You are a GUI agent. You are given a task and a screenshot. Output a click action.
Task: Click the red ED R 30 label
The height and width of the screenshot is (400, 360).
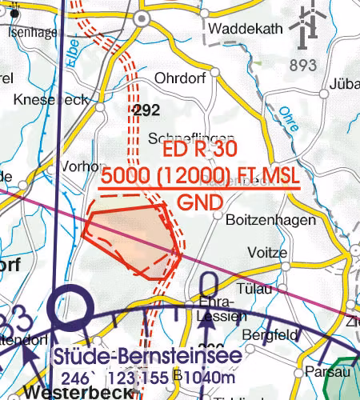pyautogui.click(x=199, y=150)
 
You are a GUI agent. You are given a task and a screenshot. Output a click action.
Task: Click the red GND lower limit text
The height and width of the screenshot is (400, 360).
pyautogui.click(x=199, y=203)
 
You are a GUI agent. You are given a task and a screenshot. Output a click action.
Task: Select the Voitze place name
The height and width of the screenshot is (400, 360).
pyautogui.click(x=267, y=252)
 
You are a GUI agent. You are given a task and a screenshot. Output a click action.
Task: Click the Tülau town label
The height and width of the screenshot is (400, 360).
pyautogui.click(x=255, y=287)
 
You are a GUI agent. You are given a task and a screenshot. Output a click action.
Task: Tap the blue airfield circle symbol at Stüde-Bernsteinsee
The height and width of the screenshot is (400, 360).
pyautogui.click(x=67, y=307)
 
